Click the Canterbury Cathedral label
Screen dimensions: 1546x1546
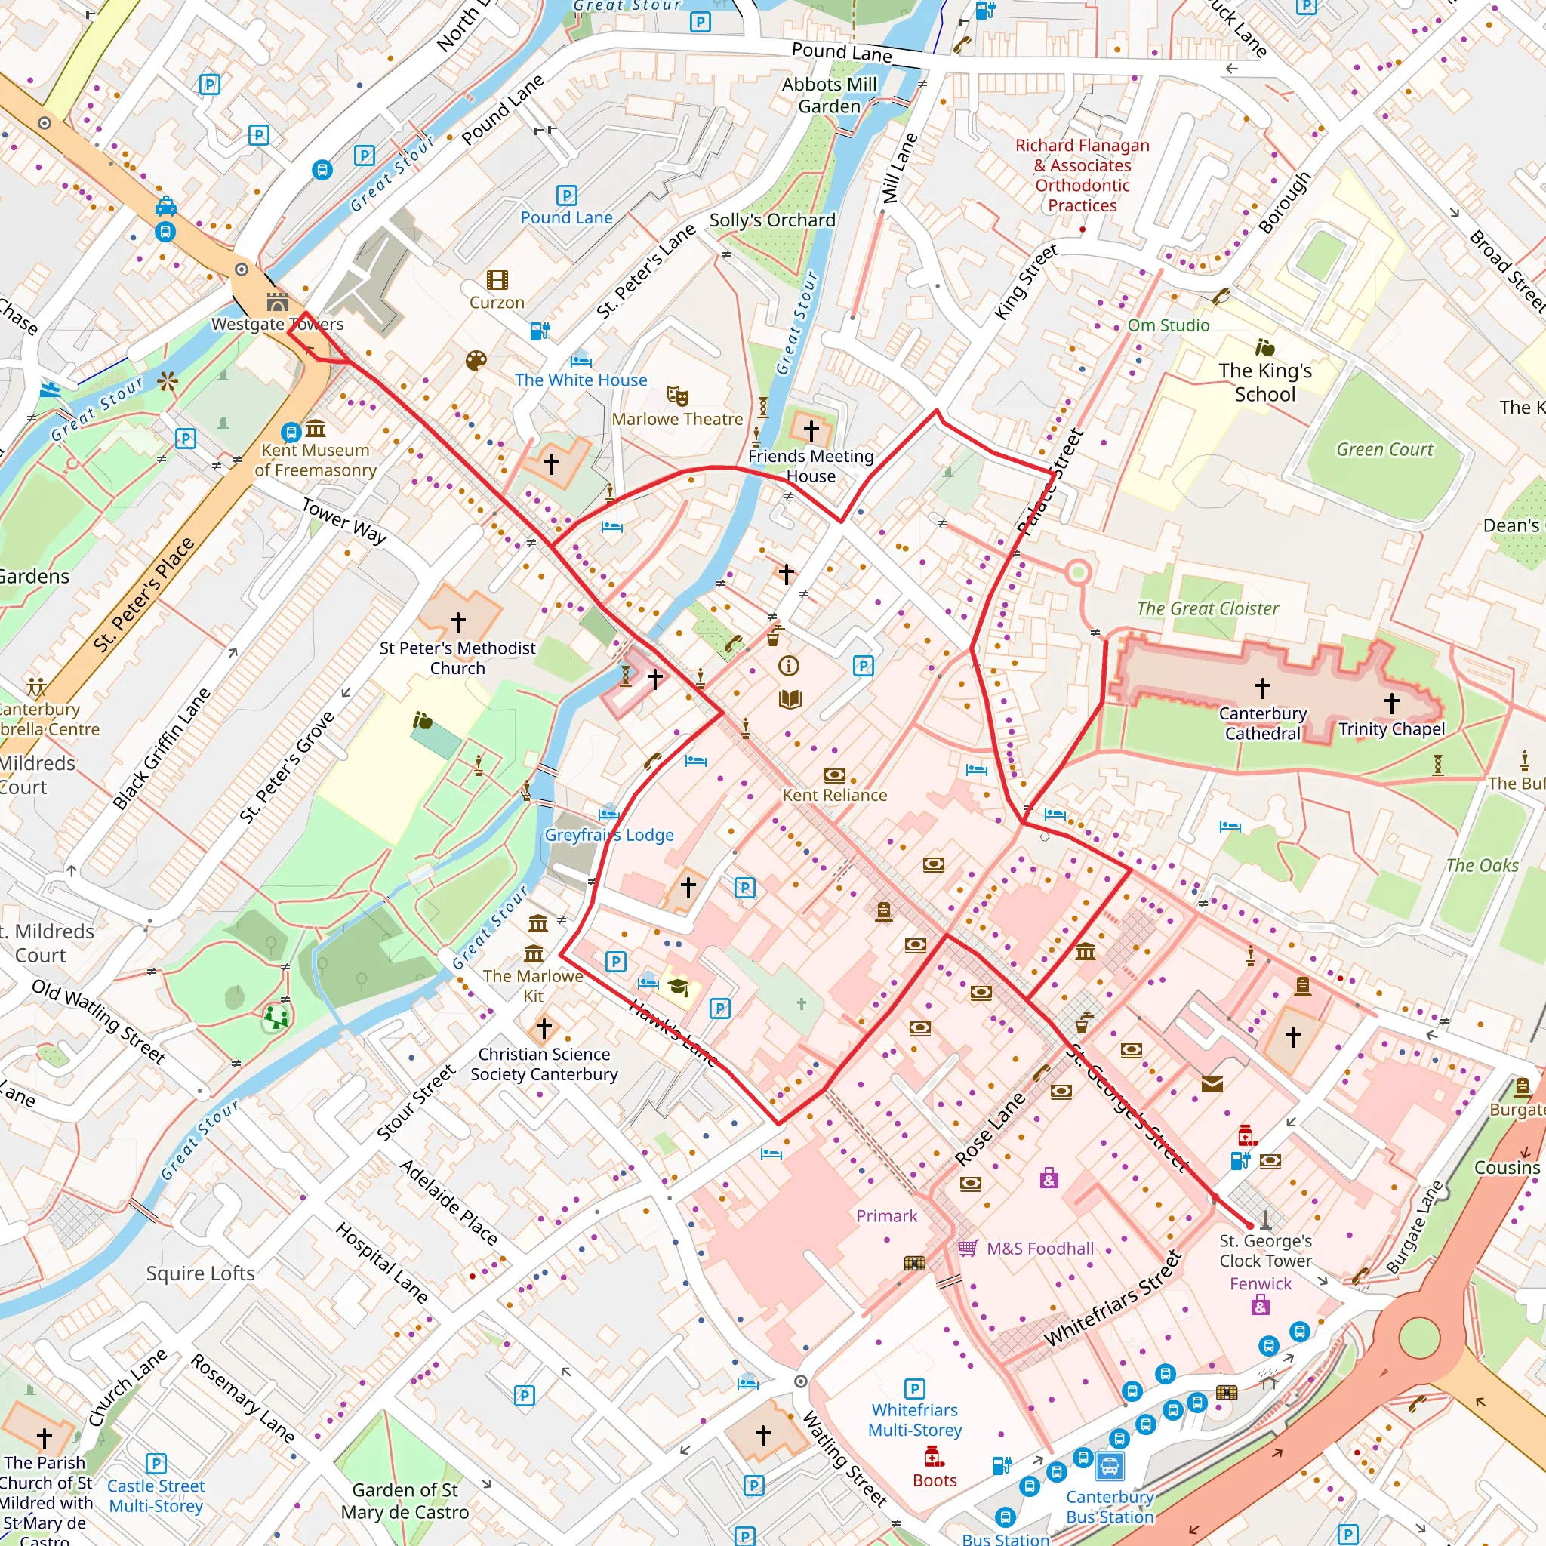click(1262, 722)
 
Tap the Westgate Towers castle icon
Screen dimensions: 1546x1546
click(278, 302)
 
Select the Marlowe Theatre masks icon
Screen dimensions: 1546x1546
click(677, 396)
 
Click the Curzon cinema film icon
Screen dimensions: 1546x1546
click(497, 279)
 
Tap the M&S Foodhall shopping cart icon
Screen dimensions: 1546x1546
click(968, 1248)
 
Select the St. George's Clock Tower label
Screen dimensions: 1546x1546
click(1265, 1250)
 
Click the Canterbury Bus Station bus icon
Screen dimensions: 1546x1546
click(1110, 1467)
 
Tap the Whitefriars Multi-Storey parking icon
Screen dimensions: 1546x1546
click(914, 1388)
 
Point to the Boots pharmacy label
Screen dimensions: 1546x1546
click(934, 1480)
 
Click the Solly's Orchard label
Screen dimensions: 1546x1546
click(772, 220)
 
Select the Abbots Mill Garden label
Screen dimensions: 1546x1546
click(829, 95)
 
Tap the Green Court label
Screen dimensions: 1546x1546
click(1384, 450)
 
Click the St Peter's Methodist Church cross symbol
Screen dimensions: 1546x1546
click(457, 622)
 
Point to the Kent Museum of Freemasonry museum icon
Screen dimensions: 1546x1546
click(316, 429)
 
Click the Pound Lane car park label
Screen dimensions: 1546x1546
click(567, 217)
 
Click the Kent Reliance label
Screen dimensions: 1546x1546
click(834, 795)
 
